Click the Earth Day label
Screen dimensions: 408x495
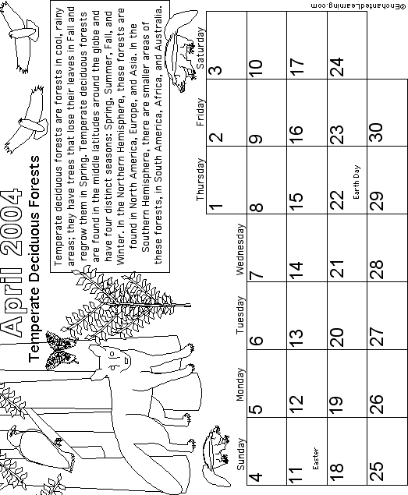(357, 182)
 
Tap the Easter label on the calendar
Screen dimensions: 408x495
(315, 458)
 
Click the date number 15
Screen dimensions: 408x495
(296, 202)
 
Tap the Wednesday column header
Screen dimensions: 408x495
(240, 249)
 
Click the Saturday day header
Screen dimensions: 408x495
(200, 48)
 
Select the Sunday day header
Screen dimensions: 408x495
(241, 454)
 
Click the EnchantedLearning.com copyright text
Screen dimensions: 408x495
(357, 6)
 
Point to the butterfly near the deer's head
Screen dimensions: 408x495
(60, 351)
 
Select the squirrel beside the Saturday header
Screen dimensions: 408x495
(181, 51)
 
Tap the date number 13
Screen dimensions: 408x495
(296, 338)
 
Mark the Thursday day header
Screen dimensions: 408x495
(200, 179)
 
